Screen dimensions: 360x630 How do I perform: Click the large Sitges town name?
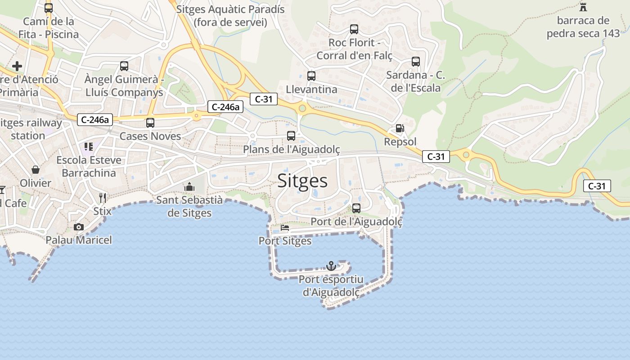pos(302,180)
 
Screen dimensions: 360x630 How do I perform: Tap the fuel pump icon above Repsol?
pos(400,128)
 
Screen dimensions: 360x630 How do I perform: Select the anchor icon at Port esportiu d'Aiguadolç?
pos(331,266)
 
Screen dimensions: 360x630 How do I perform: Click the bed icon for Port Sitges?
pos(285,228)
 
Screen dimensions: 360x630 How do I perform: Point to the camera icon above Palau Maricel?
pos(79,227)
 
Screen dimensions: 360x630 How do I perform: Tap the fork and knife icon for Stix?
pos(103,198)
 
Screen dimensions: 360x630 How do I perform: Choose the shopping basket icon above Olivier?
pos(36,170)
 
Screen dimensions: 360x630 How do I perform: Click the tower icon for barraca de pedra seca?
pos(583,7)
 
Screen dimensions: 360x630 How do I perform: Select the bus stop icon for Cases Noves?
pos(150,123)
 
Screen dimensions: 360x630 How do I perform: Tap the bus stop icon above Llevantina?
pos(311,76)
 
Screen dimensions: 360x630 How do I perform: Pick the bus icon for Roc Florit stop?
pos(354,29)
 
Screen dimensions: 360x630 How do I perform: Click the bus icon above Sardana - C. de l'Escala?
pos(416,62)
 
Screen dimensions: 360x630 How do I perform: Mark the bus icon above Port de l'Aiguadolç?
pos(356,208)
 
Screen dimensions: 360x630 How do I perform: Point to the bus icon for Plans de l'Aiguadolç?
pos(291,135)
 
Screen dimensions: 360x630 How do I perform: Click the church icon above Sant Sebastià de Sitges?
pos(189,186)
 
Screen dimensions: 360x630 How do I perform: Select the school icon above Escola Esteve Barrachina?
pos(89,146)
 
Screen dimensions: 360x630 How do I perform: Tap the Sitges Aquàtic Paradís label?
pos(230,15)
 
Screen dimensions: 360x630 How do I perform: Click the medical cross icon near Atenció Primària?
pos(17,66)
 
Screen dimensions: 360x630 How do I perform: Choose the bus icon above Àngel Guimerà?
pos(124,66)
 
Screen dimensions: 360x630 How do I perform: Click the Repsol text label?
pos(400,142)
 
